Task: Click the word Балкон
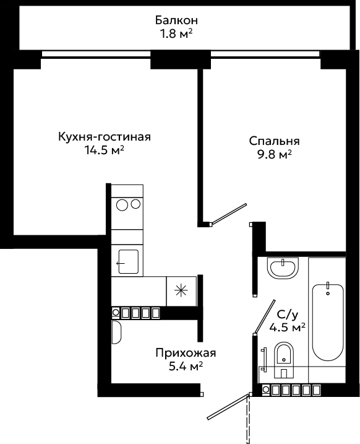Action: click(x=176, y=20)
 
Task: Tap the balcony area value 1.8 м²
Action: click(x=176, y=34)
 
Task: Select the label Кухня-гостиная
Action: click(x=105, y=137)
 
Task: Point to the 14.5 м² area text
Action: click(x=105, y=150)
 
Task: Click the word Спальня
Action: click(x=274, y=141)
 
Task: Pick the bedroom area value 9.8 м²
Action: click(x=274, y=155)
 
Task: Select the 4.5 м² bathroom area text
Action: click(x=288, y=328)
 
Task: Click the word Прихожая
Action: click(x=186, y=353)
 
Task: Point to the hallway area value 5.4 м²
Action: click(x=186, y=367)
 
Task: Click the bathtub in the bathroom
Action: click(x=328, y=322)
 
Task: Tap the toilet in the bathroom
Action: click(x=284, y=360)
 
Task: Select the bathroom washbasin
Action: click(x=283, y=268)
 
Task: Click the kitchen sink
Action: click(x=129, y=262)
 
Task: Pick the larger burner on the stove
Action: click(x=122, y=205)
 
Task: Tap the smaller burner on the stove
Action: click(x=136, y=204)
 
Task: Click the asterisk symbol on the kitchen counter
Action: click(x=181, y=291)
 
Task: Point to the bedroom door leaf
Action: click(x=228, y=214)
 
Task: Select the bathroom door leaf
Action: click(x=264, y=316)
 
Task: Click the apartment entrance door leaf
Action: click(x=228, y=407)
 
